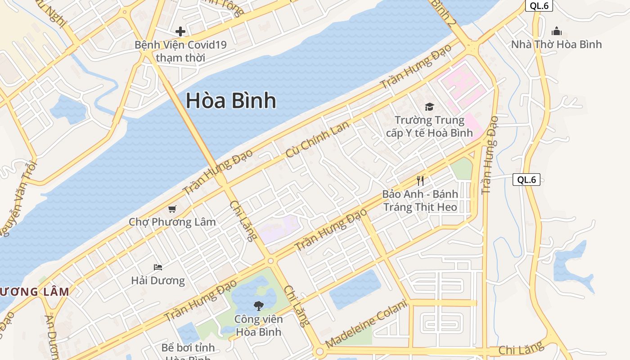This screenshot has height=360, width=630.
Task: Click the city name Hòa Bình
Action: point(231,100)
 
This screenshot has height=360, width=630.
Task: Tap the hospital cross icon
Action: point(180,31)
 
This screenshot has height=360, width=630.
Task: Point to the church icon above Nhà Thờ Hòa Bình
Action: point(557,31)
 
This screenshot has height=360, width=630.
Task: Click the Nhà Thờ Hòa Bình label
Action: point(556,45)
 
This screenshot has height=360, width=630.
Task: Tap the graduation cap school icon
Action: point(429,107)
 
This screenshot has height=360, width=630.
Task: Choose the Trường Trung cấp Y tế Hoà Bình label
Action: point(429,126)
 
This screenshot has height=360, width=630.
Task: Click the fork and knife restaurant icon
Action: point(420,181)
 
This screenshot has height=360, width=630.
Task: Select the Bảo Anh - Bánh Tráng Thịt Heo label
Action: point(420,201)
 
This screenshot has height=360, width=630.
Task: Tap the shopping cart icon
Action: point(172,209)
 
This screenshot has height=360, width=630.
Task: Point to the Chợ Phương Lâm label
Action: point(172,222)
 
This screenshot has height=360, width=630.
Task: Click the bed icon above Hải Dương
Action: point(158,267)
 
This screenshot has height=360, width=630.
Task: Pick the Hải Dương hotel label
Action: point(158,281)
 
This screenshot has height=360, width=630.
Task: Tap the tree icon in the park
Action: point(258,306)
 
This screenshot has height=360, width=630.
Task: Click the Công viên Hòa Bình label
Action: point(258,325)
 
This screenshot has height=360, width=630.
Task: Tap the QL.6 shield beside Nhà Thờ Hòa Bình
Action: point(539,6)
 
